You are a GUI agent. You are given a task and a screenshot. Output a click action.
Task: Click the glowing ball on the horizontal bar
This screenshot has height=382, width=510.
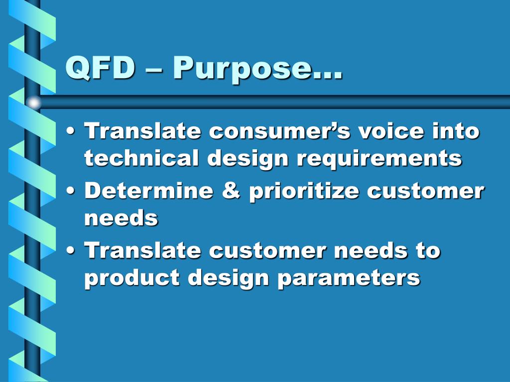(x=33, y=102)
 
